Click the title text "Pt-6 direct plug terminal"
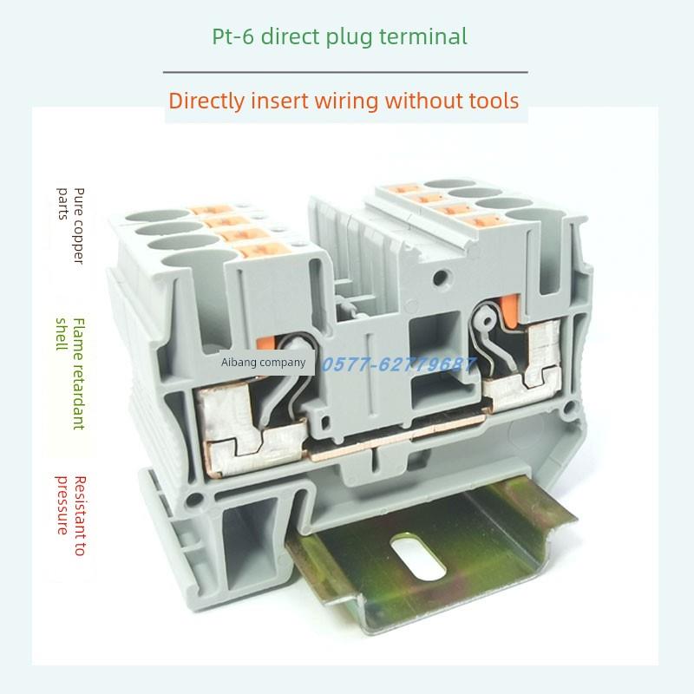click(340, 36)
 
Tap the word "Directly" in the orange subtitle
click(206, 101)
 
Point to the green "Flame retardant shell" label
click(71, 372)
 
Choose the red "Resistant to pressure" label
click(71, 516)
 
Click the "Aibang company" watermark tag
click(264, 363)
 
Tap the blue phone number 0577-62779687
click(399, 364)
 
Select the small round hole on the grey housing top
click(442, 278)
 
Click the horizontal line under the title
click(345, 72)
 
